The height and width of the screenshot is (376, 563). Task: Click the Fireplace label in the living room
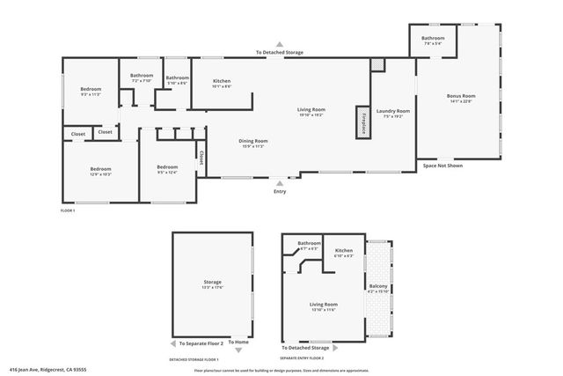pyautogui.click(x=361, y=122)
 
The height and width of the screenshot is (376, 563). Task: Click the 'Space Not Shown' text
pyautogui.click(x=442, y=166)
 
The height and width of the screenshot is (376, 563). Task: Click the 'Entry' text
pyautogui.click(x=280, y=191)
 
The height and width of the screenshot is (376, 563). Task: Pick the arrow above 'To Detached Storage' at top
pyautogui.click(x=280, y=44)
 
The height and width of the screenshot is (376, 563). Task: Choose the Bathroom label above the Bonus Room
pyautogui.click(x=432, y=39)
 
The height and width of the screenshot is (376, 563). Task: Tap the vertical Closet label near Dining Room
pyautogui.click(x=201, y=157)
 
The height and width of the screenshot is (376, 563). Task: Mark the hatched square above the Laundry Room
pyautogui.click(x=377, y=64)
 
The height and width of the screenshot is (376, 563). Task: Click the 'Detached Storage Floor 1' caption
pyautogui.click(x=194, y=360)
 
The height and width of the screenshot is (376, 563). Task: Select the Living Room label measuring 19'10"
pyautogui.click(x=311, y=111)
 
